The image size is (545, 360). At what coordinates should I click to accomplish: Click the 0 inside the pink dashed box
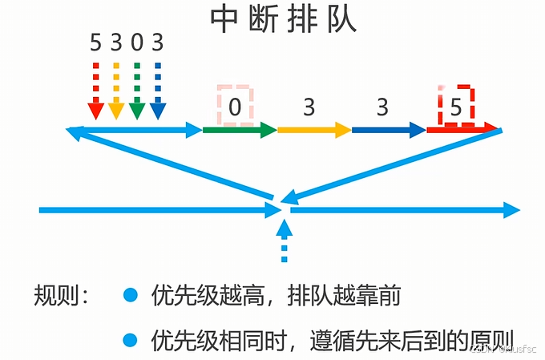click(x=235, y=107)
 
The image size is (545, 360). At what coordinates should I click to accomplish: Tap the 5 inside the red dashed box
click(x=456, y=107)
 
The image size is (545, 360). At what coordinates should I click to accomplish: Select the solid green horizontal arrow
click(x=239, y=129)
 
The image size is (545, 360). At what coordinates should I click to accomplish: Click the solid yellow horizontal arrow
click(x=313, y=129)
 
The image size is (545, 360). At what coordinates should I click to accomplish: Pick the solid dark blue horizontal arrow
click(x=388, y=129)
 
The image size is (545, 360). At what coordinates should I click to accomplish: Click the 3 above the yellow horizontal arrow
click(x=309, y=107)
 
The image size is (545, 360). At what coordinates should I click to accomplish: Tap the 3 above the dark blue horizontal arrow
click(x=382, y=107)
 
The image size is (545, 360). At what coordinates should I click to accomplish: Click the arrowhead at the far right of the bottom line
click(x=512, y=210)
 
